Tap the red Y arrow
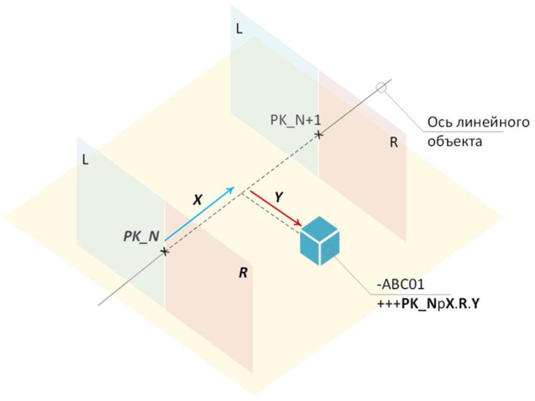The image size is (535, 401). pyautogui.click(x=276, y=210)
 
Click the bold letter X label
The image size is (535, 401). pyautogui.click(x=197, y=200)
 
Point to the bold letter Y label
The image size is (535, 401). pyautogui.click(x=279, y=196)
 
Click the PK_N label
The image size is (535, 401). pyautogui.click(x=141, y=237)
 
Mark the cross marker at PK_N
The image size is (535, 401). pyautogui.click(x=164, y=251)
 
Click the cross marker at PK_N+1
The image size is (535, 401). pyautogui.click(x=319, y=134)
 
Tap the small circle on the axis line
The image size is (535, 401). pyautogui.click(x=381, y=87)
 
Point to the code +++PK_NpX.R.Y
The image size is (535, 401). pyautogui.click(x=426, y=303)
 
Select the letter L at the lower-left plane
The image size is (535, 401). pyautogui.click(x=84, y=160)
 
